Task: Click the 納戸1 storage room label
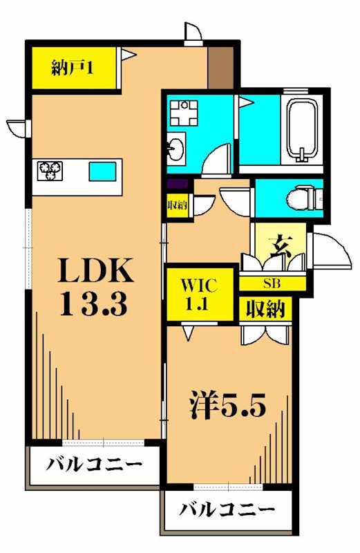73,68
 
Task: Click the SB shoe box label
272,283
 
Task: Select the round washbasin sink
177,148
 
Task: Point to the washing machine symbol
184,112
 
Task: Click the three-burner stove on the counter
50,169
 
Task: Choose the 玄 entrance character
278,245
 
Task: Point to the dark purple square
177,185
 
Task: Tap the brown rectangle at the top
220,66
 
